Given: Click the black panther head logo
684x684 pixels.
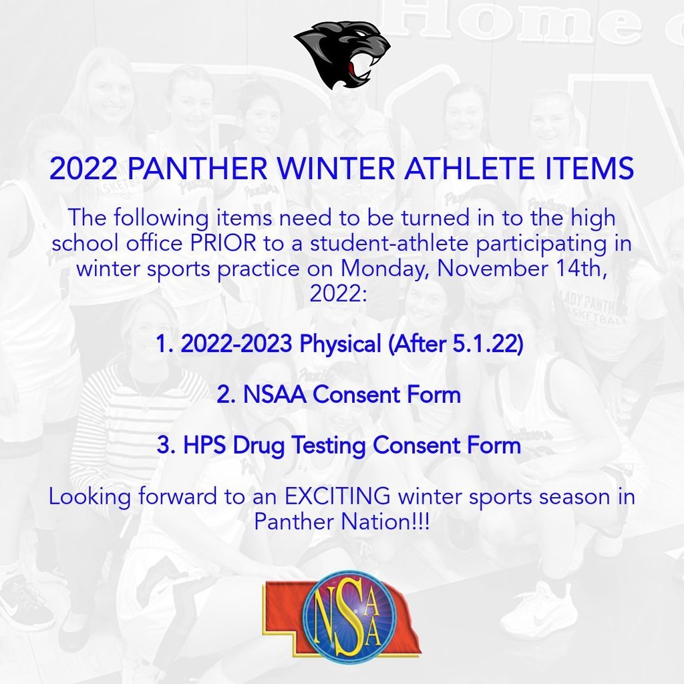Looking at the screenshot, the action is click(x=343, y=55).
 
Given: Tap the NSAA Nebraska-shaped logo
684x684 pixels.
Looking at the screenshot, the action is click(x=341, y=615).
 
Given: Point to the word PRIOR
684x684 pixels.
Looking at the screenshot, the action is click(x=223, y=243).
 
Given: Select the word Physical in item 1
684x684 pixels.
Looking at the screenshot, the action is click(x=340, y=344).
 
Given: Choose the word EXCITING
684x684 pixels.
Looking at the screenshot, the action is click(x=337, y=496).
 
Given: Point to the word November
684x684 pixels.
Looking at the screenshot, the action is click(x=492, y=268).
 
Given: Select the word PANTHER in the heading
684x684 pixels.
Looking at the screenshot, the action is click(x=198, y=168).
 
